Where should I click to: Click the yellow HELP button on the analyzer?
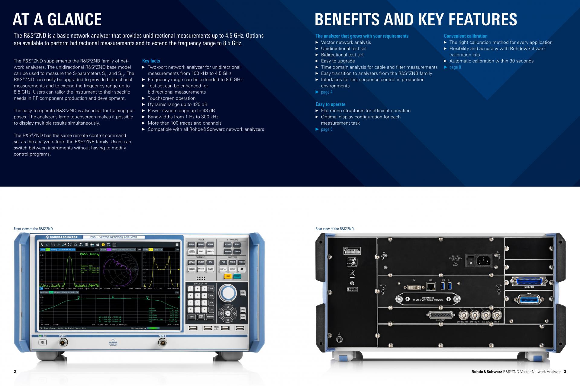(x=228, y=276)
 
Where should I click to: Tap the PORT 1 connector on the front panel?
(x=63, y=342)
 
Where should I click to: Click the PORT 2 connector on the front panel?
(x=163, y=342)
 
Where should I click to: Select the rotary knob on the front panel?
(x=228, y=292)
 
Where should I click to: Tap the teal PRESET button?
(x=237, y=276)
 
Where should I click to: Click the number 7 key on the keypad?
(x=191, y=289)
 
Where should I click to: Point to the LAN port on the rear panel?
(x=431, y=286)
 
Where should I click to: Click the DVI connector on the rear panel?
(x=414, y=287)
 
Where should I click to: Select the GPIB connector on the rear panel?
(x=529, y=300)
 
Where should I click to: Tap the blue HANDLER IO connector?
(x=529, y=281)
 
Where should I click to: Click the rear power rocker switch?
(x=471, y=260)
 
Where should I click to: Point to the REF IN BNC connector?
(x=497, y=315)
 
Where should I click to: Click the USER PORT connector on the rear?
(x=441, y=315)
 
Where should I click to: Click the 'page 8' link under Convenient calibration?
(x=455, y=67)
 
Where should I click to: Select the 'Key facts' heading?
(x=151, y=61)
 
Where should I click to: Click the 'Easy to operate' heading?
(x=330, y=104)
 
